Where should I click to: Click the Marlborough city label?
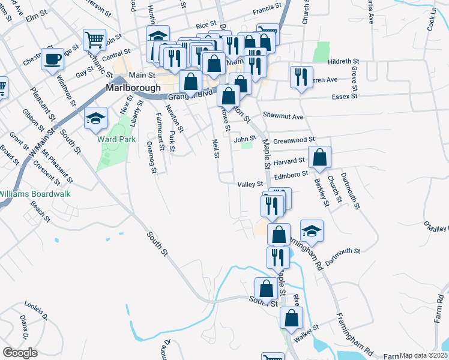133,87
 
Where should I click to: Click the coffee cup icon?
52,59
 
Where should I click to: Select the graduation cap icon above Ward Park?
95,118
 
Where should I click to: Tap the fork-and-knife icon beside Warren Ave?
300,77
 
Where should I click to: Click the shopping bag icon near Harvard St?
321,157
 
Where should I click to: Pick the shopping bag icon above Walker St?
292,319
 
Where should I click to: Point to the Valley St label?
250,184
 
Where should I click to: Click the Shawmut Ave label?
283,116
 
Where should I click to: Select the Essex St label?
345,96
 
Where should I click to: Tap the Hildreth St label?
343,62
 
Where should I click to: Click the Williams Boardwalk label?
35,194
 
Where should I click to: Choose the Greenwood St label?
294,140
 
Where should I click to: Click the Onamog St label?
152,157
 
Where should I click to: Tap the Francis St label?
267,8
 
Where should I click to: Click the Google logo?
20,353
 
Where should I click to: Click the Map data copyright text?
424,355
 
